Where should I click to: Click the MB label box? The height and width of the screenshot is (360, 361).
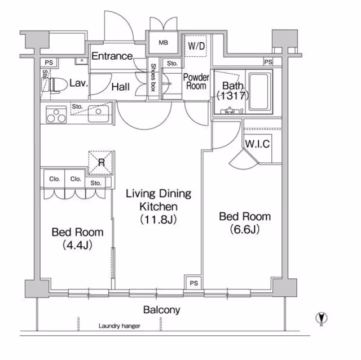(x=163, y=43)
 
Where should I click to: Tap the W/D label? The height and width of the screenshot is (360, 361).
(x=196, y=46)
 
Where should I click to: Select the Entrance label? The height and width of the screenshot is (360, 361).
(x=112, y=56)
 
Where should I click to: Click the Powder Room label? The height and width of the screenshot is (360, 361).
(x=196, y=82)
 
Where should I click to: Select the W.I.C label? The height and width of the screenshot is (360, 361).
(x=257, y=144)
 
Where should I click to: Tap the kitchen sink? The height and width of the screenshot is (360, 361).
(x=96, y=115)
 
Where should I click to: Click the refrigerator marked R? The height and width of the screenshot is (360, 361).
(x=102, y=163)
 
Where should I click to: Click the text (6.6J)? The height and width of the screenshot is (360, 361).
(x=244, y=229)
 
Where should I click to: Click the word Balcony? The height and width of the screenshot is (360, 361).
(x=161, y=310)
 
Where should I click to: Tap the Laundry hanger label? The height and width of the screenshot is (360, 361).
(x=119, y=326)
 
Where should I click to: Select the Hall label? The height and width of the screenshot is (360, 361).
(x=121, y=87)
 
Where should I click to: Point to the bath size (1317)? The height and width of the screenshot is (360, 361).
(x=233, y=96)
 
